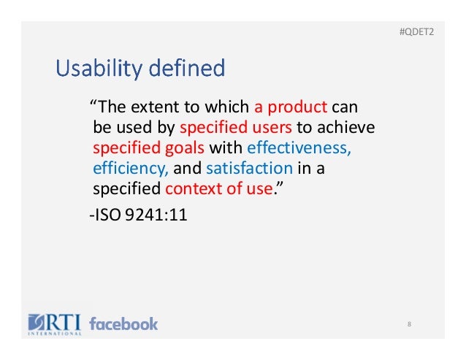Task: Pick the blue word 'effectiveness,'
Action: coord(299,149)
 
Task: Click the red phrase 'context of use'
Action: coord(219,190)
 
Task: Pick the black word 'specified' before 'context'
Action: coord(127,190)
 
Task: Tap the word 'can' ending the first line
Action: coord(344,107)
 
